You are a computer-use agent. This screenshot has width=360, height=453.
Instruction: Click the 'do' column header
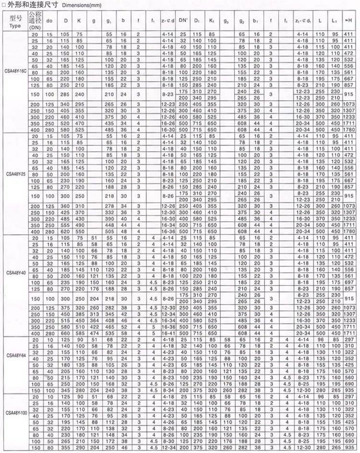coord(49,21)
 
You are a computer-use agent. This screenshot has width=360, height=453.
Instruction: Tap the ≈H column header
coord(349,21)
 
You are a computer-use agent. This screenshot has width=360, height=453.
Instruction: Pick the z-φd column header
coord(168,21)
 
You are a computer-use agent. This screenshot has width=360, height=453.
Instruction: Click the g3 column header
coord(226,21)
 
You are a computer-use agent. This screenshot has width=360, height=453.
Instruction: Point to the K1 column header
coord(212,21)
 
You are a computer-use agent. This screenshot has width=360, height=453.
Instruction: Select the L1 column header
coord(334,21)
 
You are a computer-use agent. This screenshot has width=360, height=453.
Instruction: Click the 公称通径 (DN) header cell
coord(35,21)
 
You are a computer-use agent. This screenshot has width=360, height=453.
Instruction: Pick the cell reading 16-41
coord(168,333)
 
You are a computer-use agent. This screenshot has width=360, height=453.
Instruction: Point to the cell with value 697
coord(349,283)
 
